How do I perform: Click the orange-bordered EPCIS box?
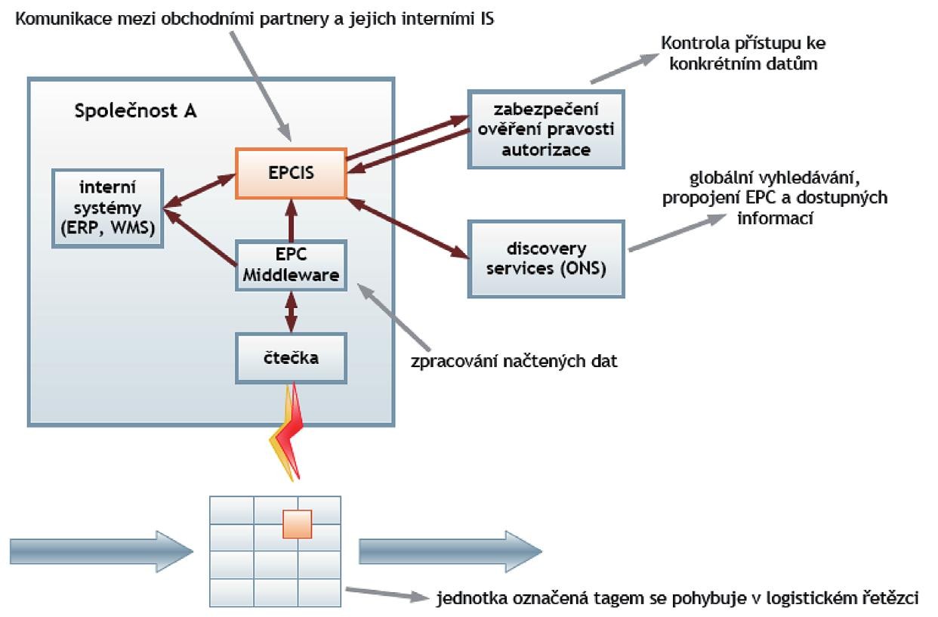pos(292,173)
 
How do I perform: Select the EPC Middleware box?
pos(292,264)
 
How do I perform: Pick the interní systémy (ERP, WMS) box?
pos(109,207)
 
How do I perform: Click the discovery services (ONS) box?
pos(546,259)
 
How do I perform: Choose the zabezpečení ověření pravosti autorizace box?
pos(546,128)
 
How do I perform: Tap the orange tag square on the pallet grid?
pos(297,524)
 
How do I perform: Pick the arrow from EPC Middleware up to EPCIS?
pos(292,220)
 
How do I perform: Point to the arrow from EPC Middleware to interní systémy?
pos(200,239)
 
